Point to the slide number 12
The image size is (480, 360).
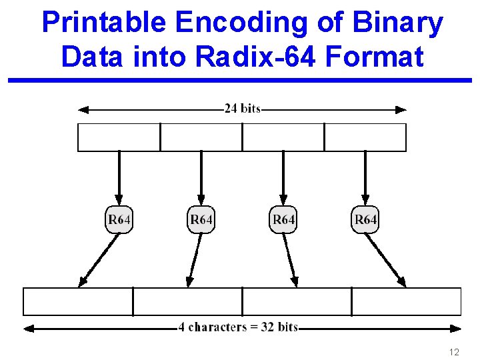click(x=454, y=352)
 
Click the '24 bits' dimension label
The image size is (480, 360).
click(x=242, y=109)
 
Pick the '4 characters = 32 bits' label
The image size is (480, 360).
click(x=238, y=327)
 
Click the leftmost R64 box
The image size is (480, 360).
click(x=119, y=219)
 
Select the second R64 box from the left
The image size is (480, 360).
click(x=201, y=219)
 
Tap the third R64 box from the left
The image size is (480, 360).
click(x=283, y=219)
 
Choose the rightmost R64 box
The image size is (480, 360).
click(x=365, y=219)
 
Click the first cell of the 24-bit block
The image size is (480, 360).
click(x=119, y=137)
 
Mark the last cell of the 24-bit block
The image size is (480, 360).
click(x=365, y=137)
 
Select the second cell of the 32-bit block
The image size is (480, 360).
click(x=187, y=301)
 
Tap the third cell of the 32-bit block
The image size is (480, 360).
click(x=297, y=301)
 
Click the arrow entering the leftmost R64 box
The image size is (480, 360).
click(x=119, y=177)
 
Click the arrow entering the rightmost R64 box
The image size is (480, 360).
click(x=365, y=177)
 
